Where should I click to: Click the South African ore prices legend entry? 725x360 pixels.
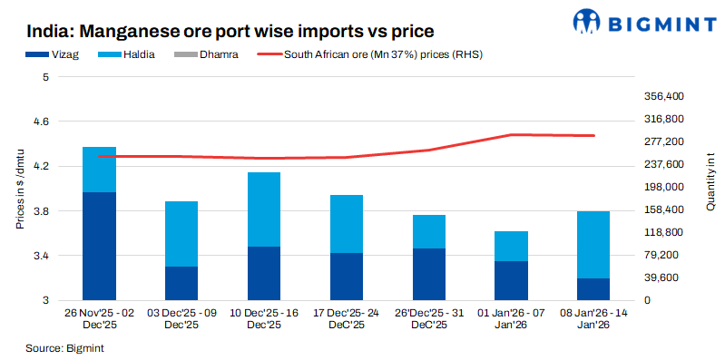[372, 54]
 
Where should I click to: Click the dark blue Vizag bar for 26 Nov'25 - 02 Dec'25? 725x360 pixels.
[99, 246]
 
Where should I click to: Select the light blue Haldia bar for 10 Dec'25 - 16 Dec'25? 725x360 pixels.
[263, 209]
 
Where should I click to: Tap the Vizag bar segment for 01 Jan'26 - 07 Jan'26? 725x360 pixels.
[511, 280]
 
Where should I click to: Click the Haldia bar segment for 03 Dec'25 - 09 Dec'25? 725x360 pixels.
[181, 234]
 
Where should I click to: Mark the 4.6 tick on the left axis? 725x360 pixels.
[42, 122]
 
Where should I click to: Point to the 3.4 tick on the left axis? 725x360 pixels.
[42, 256]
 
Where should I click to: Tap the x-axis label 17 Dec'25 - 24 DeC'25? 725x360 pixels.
[346, 317]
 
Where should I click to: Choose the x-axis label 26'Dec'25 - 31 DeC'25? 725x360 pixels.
[428, 317]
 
